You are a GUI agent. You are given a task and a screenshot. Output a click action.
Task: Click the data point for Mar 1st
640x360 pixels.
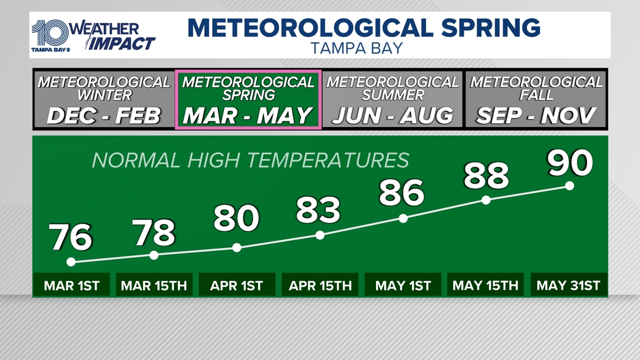coord(71,262)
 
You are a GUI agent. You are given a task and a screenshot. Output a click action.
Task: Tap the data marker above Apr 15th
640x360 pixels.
coord(319,235)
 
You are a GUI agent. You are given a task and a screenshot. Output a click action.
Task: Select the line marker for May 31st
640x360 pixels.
coord(569,186)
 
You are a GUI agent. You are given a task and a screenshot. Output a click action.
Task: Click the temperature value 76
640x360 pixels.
coord(71,238)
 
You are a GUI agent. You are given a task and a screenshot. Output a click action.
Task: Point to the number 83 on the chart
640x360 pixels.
coord(318,209)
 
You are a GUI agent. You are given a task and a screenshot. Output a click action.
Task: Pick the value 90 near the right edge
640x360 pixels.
coord(570,162)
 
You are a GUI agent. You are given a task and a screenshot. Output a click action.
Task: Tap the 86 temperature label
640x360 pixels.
coord(402,193)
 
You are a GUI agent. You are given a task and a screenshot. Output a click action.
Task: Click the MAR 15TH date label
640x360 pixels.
coord(154,285)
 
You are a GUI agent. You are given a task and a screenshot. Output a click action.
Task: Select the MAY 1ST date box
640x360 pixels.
coord(403,285)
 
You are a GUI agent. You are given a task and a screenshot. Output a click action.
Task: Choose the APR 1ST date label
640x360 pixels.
coord(236,285)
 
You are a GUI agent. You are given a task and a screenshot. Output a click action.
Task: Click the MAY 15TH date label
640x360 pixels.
coord(486,285)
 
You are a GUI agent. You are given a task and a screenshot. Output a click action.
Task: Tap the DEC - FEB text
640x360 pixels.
coord(104,116)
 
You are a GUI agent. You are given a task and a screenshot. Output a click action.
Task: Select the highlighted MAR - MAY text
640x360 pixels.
coord(248,116)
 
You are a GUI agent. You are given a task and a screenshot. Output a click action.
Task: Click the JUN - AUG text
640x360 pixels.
coord(392,116)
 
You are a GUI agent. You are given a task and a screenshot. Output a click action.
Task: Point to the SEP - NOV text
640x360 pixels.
coord(536,116)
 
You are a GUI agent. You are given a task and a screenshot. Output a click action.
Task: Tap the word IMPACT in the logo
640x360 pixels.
coord(122,43)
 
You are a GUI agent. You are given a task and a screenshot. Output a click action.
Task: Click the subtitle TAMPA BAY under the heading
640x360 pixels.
coord(357,48)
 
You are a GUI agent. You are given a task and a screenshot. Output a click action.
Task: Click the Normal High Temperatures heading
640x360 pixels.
coord(250,161)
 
